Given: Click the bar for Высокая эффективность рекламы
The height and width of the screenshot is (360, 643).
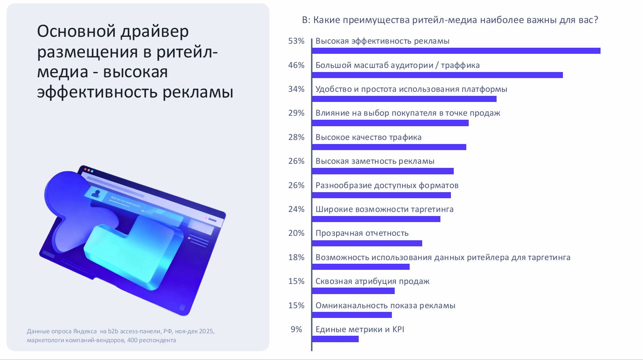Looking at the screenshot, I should [x=456, y=51].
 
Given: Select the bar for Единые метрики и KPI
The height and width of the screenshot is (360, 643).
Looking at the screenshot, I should [x=335, y=339].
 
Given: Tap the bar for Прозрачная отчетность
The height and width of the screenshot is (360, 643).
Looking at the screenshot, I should [x=367, y=243].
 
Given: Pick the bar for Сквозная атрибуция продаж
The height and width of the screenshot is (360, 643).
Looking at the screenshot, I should [x=353, y=291].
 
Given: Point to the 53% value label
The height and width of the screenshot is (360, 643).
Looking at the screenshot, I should [x=296, y=41].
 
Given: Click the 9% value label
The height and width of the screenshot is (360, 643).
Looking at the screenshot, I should [x=296, y=329].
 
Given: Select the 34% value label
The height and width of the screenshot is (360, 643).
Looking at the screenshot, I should [x=296, y=89].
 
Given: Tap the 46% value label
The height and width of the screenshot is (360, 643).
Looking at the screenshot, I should [x=296, y=65].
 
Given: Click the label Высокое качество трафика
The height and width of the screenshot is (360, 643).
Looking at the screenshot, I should [x=368, y=137].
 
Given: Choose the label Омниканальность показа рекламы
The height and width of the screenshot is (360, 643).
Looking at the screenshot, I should [x=385, y=305].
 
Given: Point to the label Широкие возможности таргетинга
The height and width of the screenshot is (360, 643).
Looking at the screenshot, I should [x=385, y=209].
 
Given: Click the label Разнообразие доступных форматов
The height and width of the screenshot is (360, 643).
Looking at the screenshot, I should [x=387, y=185].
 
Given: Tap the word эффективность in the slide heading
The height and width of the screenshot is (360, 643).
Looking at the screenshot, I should [x=97, y=92].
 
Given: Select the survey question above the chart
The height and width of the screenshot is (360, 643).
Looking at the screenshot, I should [x=450, y=20].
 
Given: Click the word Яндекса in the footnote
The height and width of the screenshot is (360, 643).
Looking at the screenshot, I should [x=85, y=331].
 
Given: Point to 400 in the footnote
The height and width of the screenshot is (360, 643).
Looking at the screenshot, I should [x=132, y=340].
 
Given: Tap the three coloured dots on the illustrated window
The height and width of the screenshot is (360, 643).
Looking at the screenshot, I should [x=89, y=170].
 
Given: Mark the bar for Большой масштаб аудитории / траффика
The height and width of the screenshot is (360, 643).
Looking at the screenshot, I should [x=437, y=75].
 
